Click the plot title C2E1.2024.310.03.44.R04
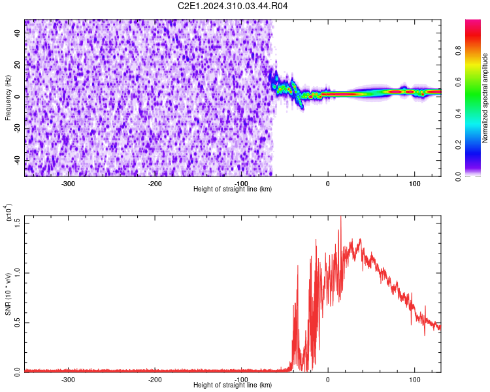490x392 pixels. coord(233,6)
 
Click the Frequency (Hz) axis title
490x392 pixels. coord(8,98)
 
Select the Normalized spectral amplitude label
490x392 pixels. coord(485,98)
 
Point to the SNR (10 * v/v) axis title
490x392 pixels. coord(8,294)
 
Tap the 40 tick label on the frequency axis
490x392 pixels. coord(18,33)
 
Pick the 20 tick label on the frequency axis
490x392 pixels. coord(18,65)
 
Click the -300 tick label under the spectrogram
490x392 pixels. coord(68,184)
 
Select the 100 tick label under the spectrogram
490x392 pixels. coord(414,184)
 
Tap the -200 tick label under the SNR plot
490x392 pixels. coord(154,380)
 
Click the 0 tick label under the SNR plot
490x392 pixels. coord(327,380)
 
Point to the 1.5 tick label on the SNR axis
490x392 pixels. coord(18,223)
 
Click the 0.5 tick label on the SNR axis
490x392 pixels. coord(18,323)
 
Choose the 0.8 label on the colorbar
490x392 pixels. coord(458,51)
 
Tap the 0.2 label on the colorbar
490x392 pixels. coord(458,145)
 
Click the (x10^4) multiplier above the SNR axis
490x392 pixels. coord(8,212)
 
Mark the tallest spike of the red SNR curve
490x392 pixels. coord(340,217)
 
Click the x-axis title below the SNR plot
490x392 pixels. coord(233,385)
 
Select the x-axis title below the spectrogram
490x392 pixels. coord(233,189)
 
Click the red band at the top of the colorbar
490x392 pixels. coord(473,35)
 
